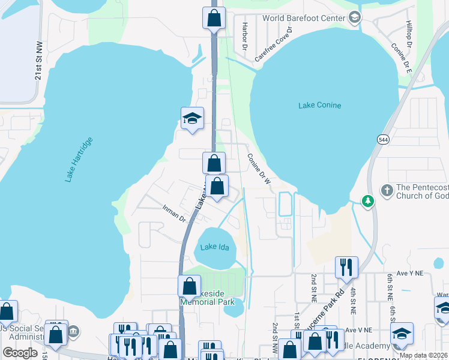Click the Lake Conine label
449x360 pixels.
319,106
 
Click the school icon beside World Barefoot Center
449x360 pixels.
355,18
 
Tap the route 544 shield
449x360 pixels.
382,139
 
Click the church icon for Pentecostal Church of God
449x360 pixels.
387,190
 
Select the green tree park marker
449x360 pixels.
366,200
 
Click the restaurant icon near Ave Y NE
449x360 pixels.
346,266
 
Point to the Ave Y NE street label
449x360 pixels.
411,273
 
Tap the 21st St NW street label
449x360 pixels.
38,64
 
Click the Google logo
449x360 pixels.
20,353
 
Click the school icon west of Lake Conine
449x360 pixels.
192,118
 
